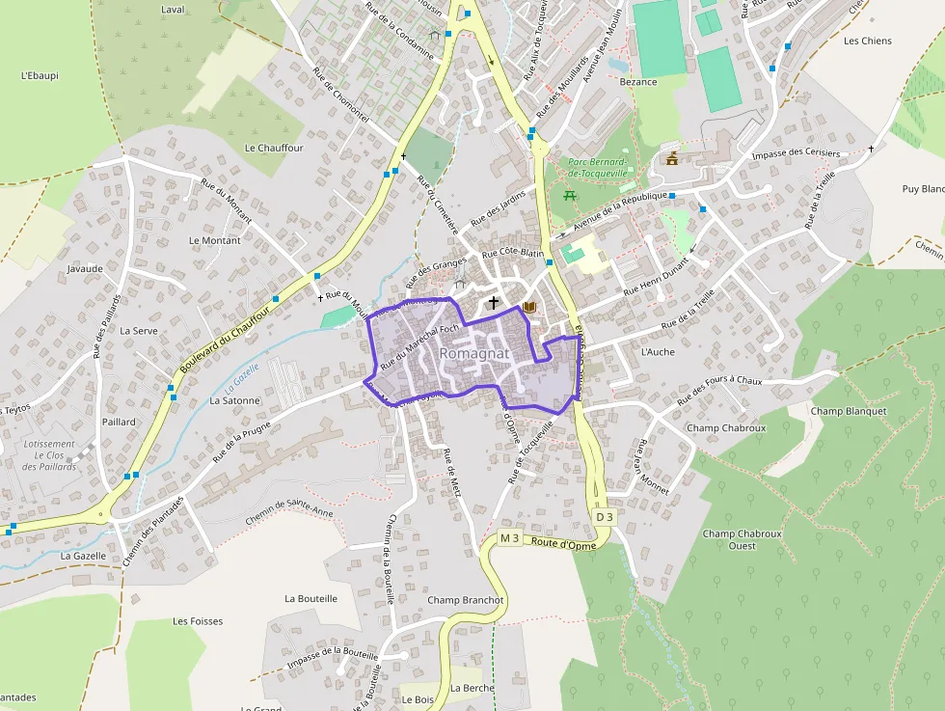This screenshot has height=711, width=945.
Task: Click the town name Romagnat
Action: (x=473, y=354)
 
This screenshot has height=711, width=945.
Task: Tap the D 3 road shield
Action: (x=604, y=517)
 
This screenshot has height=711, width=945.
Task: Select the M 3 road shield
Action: (x=509, y=537)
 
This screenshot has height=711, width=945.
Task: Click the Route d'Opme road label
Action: (x=563, y=544)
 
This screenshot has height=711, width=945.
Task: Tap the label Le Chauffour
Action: (x=274, y=148)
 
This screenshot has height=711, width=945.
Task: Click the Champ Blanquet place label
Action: (x=848, y=411)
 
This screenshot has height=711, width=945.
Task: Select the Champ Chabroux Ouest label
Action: (x=742, y=539)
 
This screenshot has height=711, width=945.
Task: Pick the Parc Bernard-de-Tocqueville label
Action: (x=598, y=167)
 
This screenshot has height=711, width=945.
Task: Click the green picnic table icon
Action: (x=570, y=196)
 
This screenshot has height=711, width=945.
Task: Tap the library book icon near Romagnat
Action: (x=527, y=307)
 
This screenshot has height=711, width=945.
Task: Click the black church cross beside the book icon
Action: (x=494, y=303)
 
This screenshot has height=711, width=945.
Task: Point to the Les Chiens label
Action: (x=868, y=41)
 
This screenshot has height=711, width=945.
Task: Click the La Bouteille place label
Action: (x=310, y=598)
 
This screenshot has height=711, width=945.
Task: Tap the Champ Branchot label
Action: (x=465, y=600)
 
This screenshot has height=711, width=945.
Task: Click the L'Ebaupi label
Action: (x=40, y=75)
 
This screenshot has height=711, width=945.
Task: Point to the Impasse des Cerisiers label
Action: (x=796, y=153)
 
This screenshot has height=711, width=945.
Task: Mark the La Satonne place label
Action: (x=235, y=400)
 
